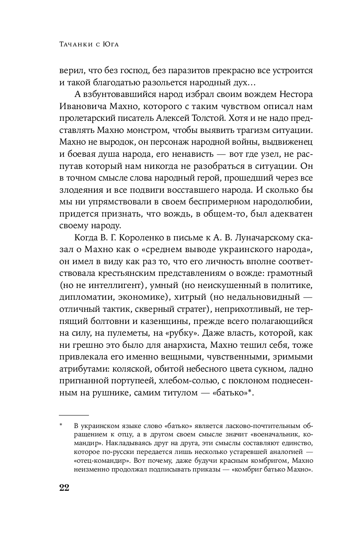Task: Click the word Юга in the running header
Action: pos(109,44)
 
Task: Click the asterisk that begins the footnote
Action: pos(61,425)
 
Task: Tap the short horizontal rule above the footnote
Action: pos(74,416)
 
